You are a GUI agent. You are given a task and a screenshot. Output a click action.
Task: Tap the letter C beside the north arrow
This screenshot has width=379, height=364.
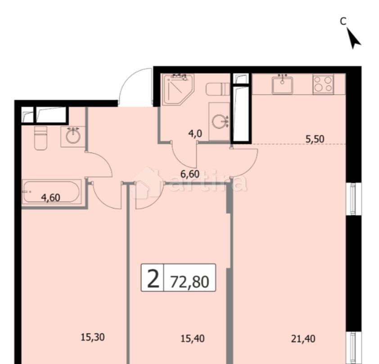click(343, 21)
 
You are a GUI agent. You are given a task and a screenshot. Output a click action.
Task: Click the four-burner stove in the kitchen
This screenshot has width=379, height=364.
click(323, 84)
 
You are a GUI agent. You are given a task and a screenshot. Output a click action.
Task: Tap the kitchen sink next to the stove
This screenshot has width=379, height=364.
click(283, 84)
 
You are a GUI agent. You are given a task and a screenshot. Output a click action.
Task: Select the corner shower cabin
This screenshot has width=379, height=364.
click(177, 89)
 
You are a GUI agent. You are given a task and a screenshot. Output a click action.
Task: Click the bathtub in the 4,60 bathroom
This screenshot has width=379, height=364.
click(51, 192)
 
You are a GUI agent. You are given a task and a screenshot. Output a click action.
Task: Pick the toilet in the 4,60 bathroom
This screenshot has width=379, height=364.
click(41, 138)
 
